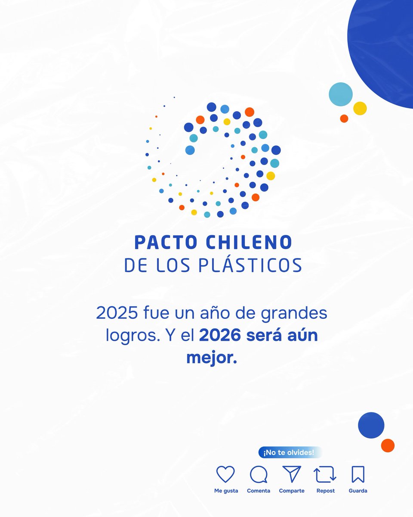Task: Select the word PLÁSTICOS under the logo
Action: [x=250, y=265]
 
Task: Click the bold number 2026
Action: [x=220, y=336]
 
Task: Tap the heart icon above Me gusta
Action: [x=225, y=474]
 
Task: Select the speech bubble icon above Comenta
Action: [x=259, y=475]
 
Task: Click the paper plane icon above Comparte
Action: [x=291, y=474]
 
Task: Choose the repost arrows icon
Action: [x=325, y=475]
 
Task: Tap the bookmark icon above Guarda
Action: [x=358, y=474]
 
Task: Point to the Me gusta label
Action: [x=226, y=491]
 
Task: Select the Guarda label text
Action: [x=358, y=491]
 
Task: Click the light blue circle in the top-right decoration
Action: [x=341, y=94]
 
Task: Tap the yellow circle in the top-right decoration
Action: [x=360, y=108]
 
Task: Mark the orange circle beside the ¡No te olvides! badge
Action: [x=388, y=445]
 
